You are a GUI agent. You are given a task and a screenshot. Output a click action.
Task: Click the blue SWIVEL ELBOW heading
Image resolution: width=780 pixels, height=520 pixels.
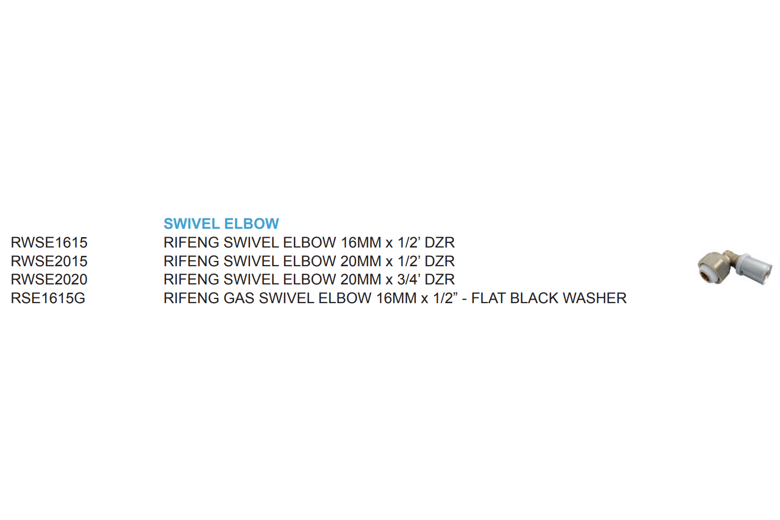tap(221, 224)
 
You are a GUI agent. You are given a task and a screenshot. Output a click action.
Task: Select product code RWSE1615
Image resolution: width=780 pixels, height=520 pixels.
tap(49, 242)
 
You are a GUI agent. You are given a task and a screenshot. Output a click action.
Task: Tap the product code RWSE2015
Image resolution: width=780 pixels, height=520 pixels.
tap(49, 261)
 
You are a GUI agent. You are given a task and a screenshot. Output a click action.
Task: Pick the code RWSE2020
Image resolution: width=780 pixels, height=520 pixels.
tap(49, 279)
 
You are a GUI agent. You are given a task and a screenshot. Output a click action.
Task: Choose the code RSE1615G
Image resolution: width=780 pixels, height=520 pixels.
tap(48, 298)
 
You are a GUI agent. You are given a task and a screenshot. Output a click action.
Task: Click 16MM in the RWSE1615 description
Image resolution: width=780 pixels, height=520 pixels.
tap(361, 242)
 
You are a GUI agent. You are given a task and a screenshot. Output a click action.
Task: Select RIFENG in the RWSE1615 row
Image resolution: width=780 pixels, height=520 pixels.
tap(191, 242)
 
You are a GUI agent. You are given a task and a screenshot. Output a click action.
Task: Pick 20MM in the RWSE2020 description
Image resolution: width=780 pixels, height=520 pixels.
tap(361, 279)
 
